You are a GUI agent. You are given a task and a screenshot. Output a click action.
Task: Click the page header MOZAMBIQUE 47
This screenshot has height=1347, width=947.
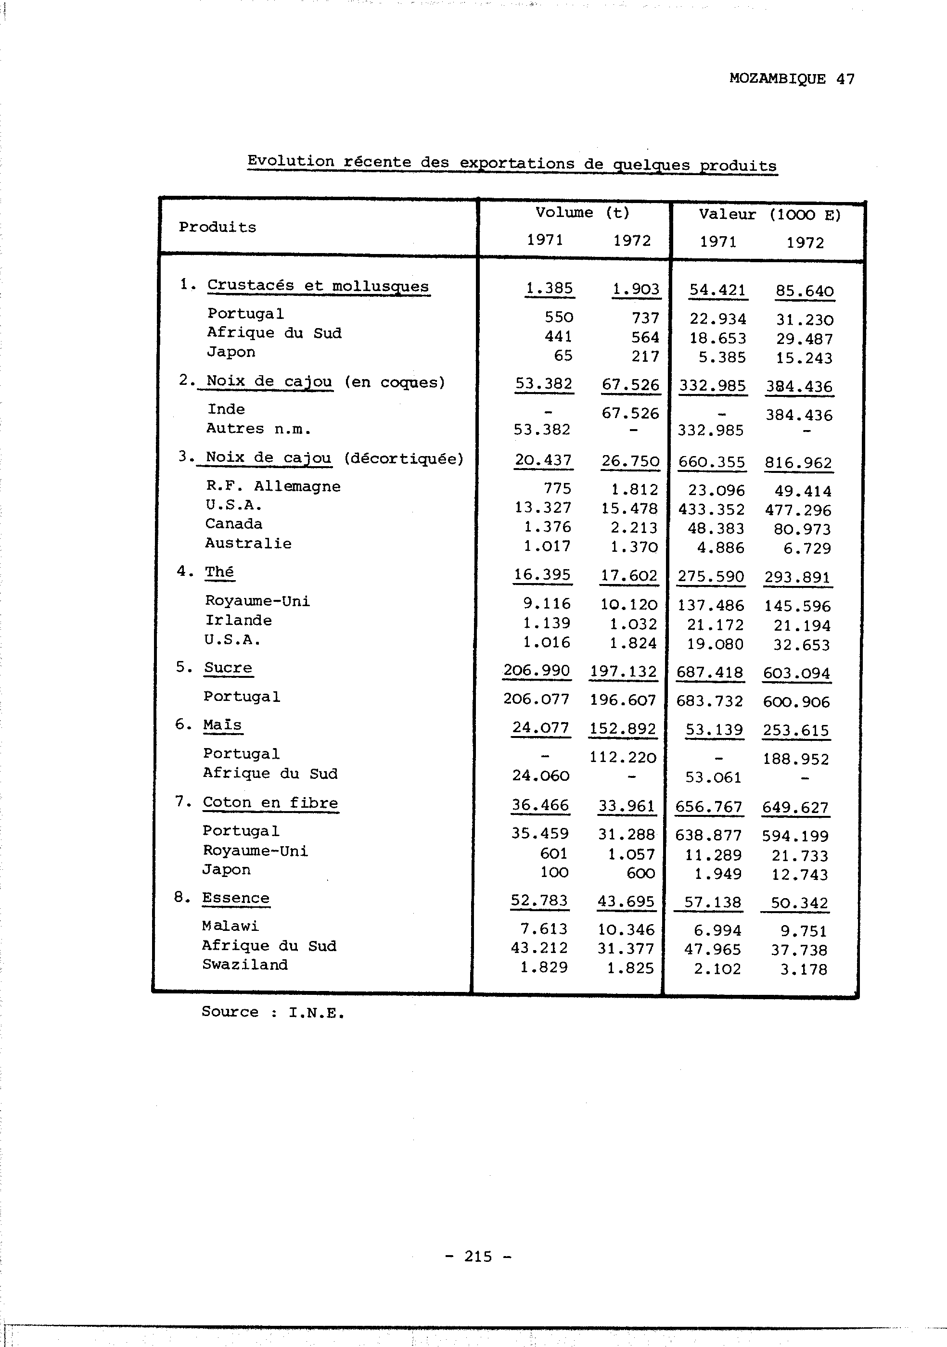792,78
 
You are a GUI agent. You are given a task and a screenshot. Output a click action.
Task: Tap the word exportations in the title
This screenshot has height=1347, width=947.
516,163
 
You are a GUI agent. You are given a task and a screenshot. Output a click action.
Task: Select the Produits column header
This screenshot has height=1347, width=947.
218,227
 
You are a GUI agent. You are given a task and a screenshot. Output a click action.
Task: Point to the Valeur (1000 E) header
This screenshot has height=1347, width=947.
769,215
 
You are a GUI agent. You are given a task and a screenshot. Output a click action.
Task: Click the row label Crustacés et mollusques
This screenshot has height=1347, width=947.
318,286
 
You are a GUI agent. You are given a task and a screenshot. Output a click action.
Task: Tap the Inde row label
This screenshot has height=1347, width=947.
226,409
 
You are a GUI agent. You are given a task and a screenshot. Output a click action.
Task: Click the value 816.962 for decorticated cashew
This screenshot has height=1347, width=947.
798,463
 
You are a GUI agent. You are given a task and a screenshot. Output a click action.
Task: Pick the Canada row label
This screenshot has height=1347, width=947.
233,523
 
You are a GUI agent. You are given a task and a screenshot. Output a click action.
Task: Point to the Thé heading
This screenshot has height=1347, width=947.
219,572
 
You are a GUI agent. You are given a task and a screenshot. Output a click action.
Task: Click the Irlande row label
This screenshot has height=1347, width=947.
238,620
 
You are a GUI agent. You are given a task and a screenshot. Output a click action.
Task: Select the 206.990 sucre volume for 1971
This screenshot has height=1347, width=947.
536,670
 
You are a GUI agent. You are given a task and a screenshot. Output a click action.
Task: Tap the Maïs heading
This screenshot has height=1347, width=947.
222,724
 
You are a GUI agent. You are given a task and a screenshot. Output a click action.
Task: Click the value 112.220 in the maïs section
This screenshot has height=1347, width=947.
623,757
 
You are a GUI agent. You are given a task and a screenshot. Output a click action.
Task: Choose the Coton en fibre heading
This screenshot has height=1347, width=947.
270,802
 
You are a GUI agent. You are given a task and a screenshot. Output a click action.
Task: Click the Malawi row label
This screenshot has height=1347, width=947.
230,926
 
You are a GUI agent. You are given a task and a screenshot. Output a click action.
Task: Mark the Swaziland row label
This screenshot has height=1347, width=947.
244,964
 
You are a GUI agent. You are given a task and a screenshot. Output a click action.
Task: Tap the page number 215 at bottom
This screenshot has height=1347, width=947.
478,1256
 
